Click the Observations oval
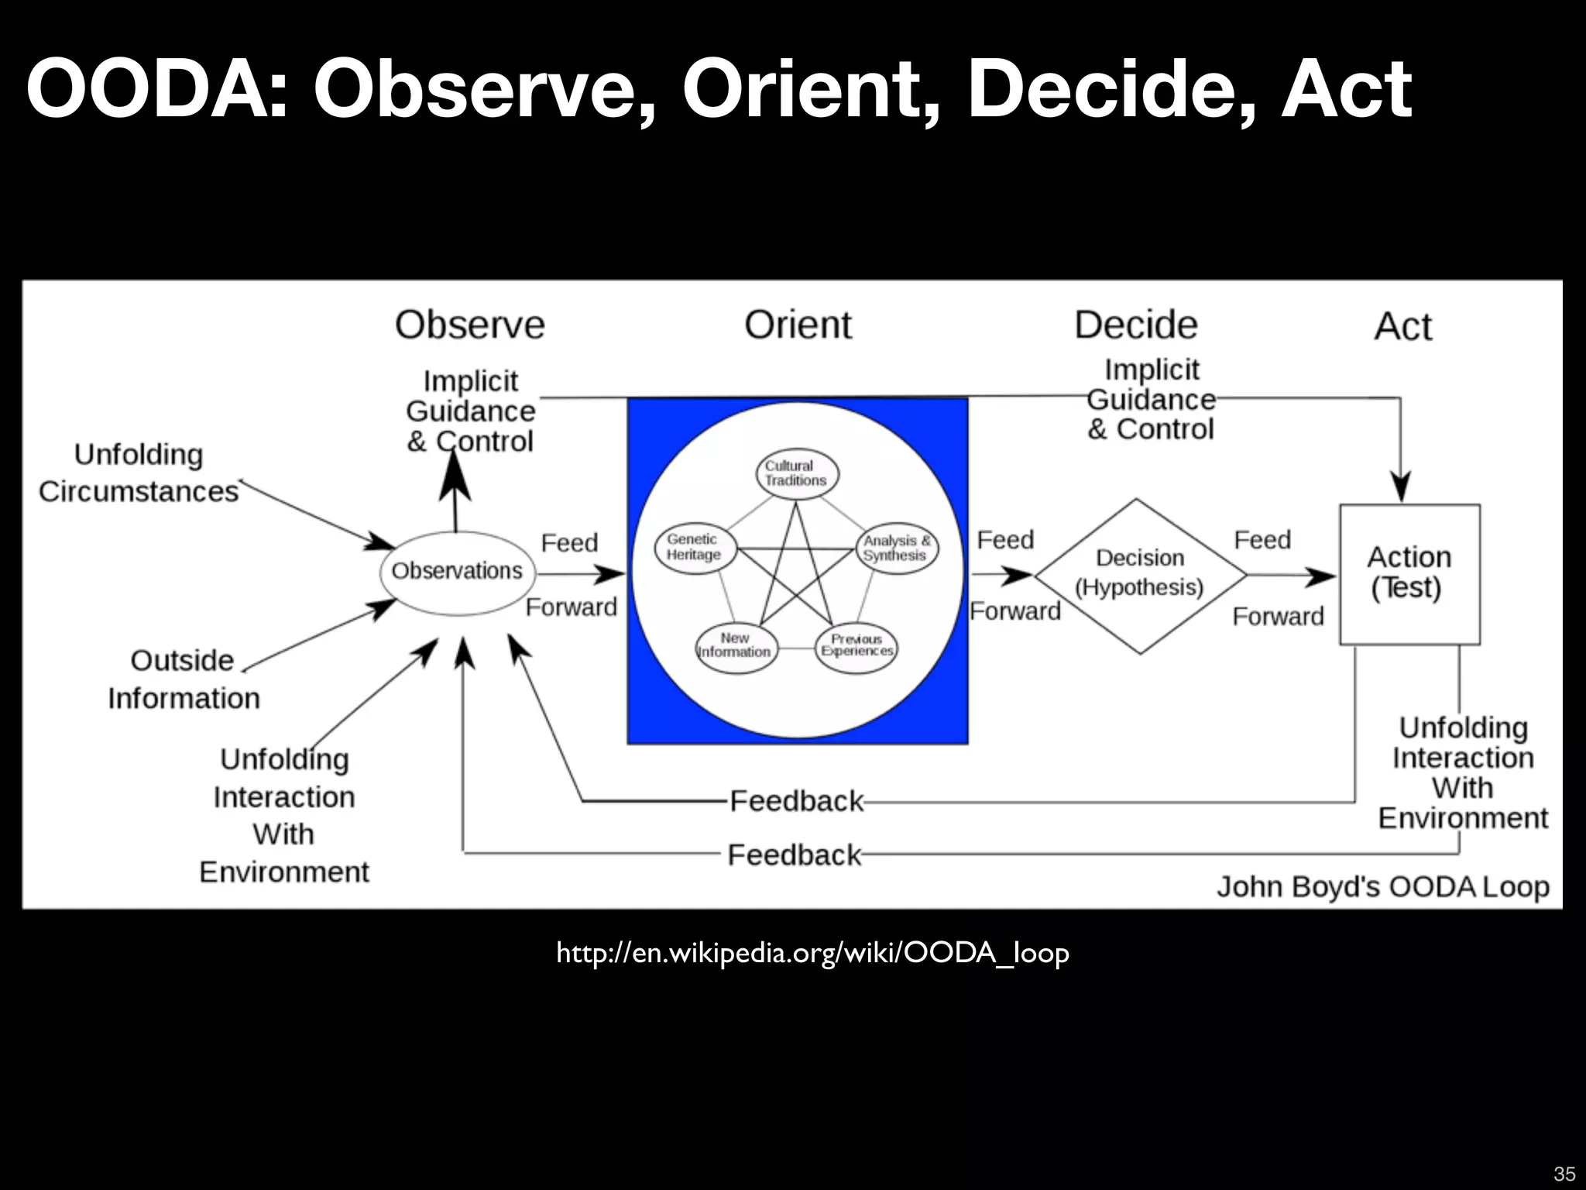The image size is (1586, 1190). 457,573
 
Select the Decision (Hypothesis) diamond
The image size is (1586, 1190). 1139,575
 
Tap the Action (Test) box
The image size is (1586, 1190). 1409,574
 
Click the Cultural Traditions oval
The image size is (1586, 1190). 796,473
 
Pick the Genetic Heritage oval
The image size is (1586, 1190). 694,547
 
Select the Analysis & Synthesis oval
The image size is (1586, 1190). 896,549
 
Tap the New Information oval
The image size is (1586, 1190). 734,645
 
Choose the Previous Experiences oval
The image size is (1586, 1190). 857,645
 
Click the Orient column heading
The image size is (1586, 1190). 798,325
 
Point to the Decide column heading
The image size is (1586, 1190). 1135,325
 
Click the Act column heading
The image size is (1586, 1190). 1402,327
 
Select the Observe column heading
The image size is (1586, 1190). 469,325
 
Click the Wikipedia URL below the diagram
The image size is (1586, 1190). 812,953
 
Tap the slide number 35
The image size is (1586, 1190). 1564,1173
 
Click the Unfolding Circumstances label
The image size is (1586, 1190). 139,473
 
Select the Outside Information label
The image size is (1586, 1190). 184,679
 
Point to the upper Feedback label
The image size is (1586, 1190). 796,801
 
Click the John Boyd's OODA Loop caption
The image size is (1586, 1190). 1382,887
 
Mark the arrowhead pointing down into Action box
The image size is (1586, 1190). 1400,488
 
